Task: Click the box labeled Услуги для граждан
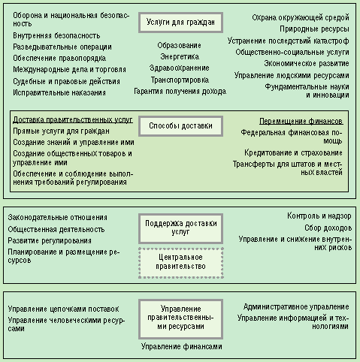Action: (x=180, y=23)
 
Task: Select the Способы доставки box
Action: (x=180, y=126)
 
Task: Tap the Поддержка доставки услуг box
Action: (x=180, y=228)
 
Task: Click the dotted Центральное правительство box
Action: (x=180, y=263)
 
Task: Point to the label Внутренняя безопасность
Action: (x=56, y=36)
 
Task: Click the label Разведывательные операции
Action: (x=62, y=47)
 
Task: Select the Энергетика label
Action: (x=180, y=56)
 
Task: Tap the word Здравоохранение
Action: (x=180, y=68)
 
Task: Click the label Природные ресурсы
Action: (x=314, y=29)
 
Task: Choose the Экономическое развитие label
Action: (x=307, y=64)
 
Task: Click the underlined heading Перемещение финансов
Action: (x=301, y=122)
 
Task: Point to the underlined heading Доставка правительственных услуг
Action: (x=73, y=120)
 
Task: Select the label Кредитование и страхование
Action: (x=293, y=152)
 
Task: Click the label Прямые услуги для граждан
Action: (x=61, y=131)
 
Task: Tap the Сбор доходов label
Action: (x=328, y=228)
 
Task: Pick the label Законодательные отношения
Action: (x=58, y=217)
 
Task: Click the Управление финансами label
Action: (x=182, y=347)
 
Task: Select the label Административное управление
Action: (x=296, y=306)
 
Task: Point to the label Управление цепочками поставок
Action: (x=64, y=309)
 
